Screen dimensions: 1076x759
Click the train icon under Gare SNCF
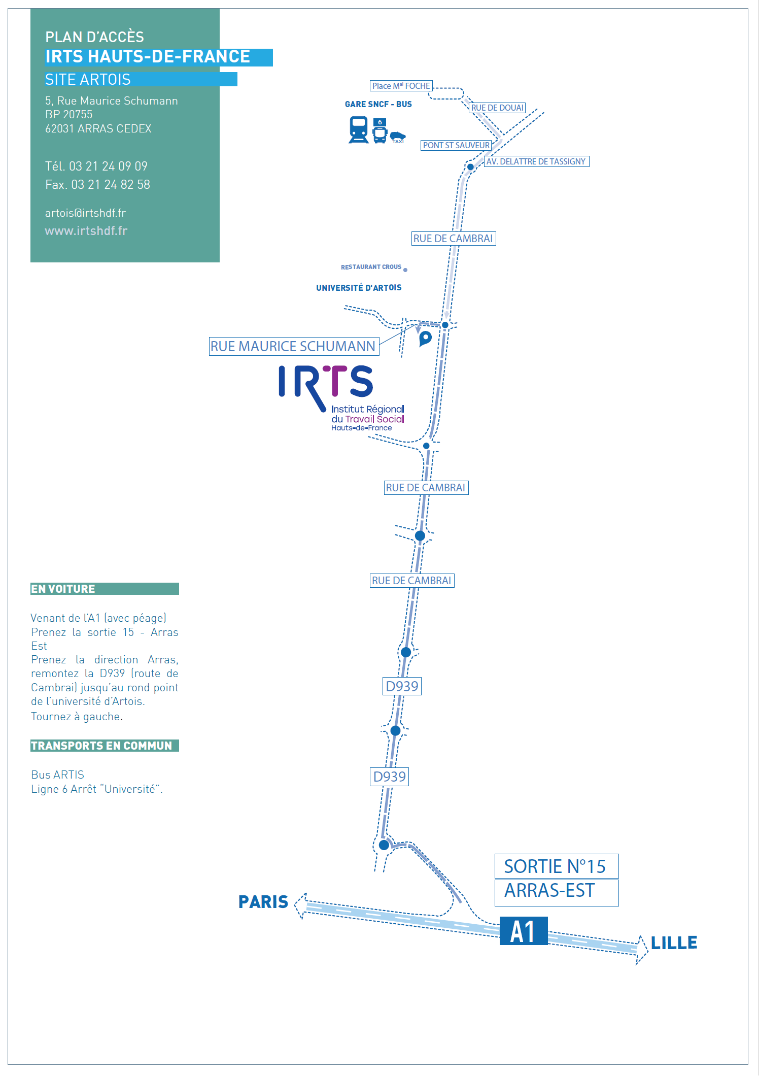(x=359, y=129)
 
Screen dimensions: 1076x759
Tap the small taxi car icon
(x=398, y=136)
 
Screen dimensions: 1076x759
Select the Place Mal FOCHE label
(x=401, y=86)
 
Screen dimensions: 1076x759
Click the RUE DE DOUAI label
(x=497, y=108)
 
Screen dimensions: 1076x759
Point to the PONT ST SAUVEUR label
(x=456, y=145)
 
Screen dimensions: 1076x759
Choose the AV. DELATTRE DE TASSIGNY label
(x=536, y=161)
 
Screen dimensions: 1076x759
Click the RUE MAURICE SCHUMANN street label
(x=293, y=346)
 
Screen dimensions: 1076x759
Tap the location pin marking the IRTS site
(x=425, y=338)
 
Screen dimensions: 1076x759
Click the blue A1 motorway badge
(x=523, y=931)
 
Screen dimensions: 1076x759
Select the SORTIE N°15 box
(x=556, y=866)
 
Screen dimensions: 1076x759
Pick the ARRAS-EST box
(x=556, y=891)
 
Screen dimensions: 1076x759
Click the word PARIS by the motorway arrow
(x=263, y=902)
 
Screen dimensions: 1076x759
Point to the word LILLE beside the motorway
(x=674, y=943)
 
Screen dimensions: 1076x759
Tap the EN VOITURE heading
(x=63, y=589)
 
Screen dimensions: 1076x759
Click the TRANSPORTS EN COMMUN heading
(x=101, y=746)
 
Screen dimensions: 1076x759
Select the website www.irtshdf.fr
(x=86, y=231)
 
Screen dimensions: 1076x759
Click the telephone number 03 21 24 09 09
(x=108, y=166)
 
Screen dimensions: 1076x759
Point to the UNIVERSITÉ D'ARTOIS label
(x=359, y=288)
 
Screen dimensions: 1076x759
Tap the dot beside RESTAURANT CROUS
(x=405, y=270)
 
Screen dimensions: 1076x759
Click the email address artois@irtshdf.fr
(x=85, y=213)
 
